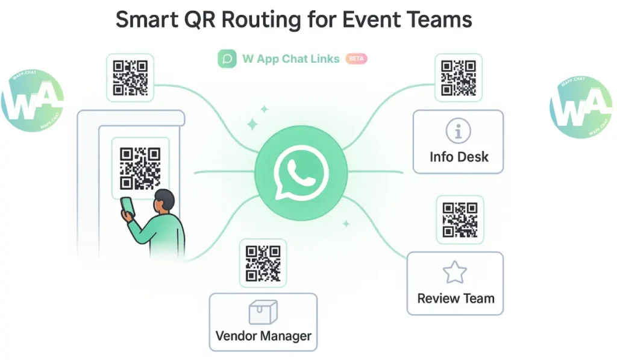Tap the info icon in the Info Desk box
458,131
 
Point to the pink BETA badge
356,59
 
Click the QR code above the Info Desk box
459,77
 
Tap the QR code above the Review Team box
460,219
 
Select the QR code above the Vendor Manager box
263,263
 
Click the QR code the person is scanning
140,168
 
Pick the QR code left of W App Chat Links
130,78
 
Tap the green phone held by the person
128,206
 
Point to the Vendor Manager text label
263,336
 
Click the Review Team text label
456,298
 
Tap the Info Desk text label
459,157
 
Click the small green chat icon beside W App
227,59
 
